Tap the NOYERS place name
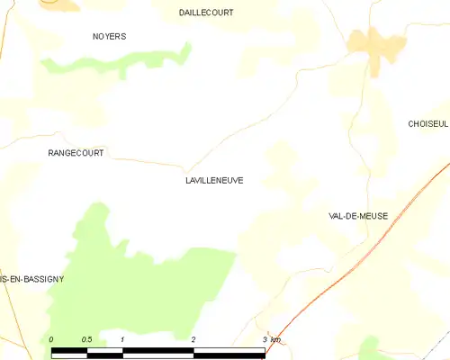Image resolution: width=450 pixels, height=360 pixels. tap(110, 37)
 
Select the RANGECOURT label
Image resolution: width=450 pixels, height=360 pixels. tap(76, 153)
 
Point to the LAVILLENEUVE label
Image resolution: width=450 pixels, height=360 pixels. tap(213, 180)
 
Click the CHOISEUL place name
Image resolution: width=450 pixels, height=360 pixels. tap(427, 123)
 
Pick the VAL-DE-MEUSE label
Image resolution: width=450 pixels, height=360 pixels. tap(360, 216)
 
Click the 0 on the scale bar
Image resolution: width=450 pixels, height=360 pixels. tap(52, 339)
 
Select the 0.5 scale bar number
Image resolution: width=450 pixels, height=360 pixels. tap(86, 339)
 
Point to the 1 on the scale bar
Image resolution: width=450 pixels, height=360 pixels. tap(121, 339)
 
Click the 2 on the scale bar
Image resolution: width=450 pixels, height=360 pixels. tap(193, 339)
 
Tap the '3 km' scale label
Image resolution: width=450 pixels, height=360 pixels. tap(270, 339)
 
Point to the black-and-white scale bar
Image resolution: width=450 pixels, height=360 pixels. tap(157, 351)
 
